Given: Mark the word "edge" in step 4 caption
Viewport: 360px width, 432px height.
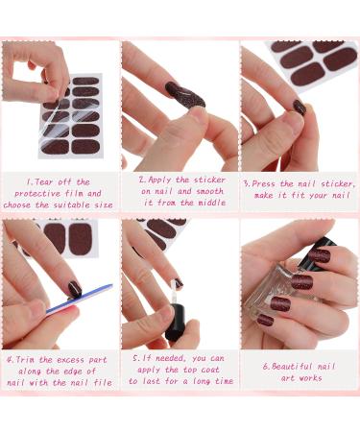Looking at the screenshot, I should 86,372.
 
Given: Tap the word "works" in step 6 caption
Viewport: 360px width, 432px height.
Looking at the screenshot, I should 307,378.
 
